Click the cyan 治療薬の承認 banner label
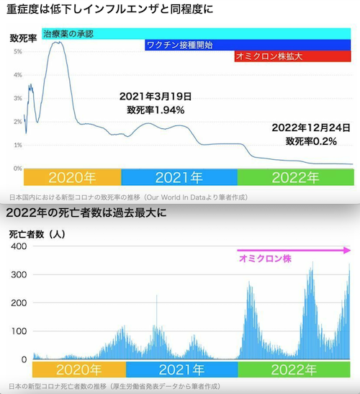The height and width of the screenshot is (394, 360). [68, 34]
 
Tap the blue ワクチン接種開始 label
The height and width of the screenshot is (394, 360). [179, 45]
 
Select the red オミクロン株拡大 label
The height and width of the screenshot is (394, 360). [269, 56]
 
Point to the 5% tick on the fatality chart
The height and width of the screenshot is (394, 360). [18, 52]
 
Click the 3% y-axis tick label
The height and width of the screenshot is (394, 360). [18, 98]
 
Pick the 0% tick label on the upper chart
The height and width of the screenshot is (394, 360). [18, 169]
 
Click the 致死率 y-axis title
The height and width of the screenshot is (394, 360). [23, 38]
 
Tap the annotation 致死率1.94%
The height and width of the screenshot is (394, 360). [156, 110]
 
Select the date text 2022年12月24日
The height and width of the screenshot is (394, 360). [311, 127]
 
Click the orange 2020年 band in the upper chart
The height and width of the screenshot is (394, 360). [72, 177]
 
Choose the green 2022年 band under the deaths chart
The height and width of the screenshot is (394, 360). [294, 370]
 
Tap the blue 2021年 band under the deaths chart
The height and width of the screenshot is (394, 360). [182, 370]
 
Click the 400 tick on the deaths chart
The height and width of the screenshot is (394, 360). [19, 246]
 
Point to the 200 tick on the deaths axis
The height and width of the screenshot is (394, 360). [19, 303]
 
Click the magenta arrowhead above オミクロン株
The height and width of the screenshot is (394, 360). [347, 250]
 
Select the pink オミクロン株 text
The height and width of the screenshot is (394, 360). [265, 259]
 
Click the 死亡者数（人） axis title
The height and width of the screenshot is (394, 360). [37, 234]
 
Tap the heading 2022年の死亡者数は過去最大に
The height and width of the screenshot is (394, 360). [86, 212]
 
